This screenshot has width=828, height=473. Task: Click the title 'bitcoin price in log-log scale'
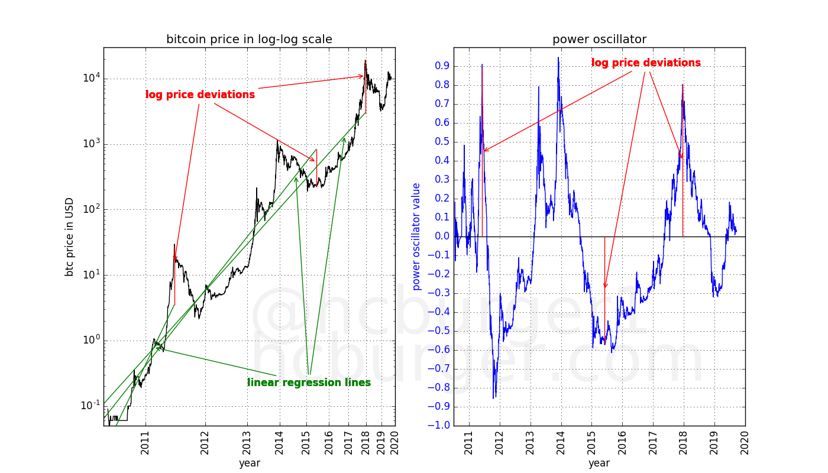[249, 40]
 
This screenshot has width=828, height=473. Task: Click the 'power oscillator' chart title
[599, 40]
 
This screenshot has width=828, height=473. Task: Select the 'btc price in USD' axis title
[70, 237]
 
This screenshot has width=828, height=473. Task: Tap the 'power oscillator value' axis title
[416, 237]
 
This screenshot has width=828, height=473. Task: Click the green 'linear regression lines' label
[309, 383]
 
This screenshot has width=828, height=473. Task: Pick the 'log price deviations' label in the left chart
[200, 95]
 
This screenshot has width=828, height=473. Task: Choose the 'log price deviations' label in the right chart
[646, 63]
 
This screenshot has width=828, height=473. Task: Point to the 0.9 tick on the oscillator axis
[442, 66]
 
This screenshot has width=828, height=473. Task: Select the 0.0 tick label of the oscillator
[442, 237]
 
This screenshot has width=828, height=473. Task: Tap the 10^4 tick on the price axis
[90, 78]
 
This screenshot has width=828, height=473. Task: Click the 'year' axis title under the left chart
[249, 464]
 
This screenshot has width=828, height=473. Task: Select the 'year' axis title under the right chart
[599, 464]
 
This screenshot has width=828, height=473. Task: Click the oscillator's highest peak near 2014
[558, 58]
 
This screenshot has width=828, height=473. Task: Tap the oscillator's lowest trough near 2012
[494, 397]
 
